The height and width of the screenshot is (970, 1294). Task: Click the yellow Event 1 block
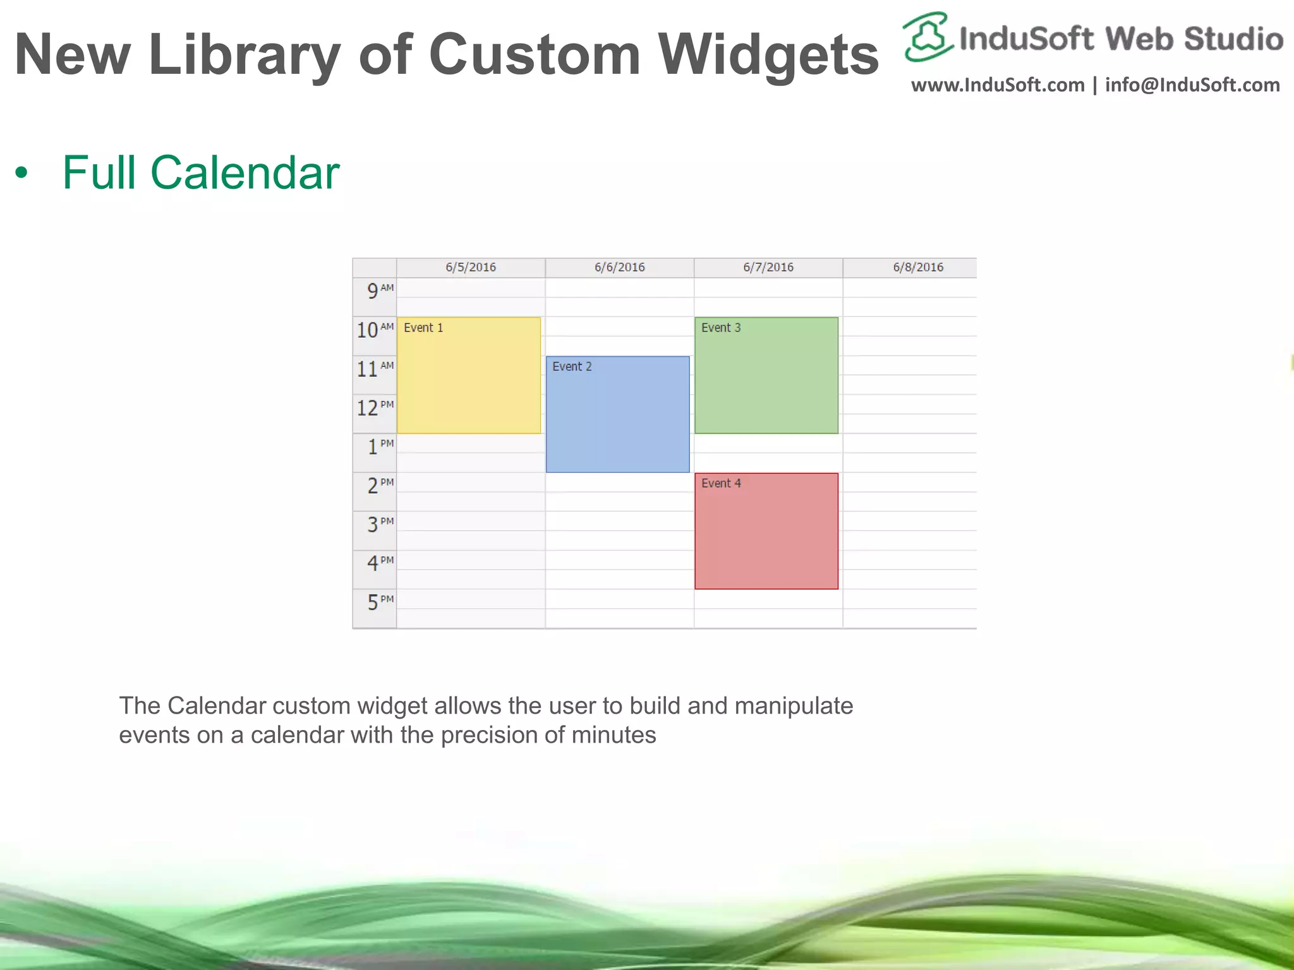[x=468, y=375]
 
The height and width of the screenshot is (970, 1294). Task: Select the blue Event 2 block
[x=617, y=414]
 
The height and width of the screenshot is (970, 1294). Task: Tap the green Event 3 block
[x=766, y=375]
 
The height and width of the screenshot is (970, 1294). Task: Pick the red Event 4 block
[x=766, y=531]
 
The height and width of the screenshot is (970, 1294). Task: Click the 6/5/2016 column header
[x=471, y=267]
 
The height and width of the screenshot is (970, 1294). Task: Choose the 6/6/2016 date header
[x=619, y=267]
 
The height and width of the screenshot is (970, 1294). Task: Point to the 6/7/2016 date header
[x=768, y=267]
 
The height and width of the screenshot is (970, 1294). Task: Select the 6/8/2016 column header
[x=917, y=267]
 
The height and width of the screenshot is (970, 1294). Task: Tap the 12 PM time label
[x=375, y=408]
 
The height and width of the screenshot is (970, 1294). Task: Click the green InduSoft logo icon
[x=927, y=37]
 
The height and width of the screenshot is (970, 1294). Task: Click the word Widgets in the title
[x=768, y=56]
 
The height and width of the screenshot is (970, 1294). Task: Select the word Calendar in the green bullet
[x=245, y=172]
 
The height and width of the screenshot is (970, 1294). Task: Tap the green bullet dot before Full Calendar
[x=22, y=173]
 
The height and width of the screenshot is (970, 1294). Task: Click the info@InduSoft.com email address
[x=1192, y=85]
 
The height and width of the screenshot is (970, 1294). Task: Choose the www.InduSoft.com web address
[x=998, y=85]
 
